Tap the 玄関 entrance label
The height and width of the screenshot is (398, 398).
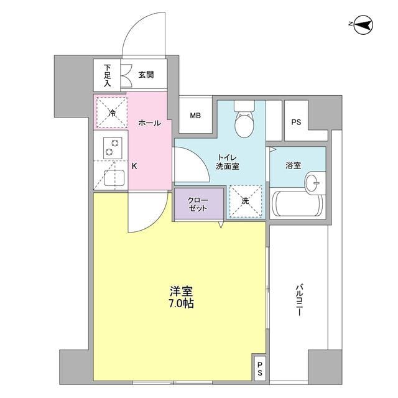146,75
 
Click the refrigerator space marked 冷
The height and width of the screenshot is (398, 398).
111,112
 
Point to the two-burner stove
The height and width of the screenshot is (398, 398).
111,147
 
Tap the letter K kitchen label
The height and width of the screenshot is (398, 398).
134,166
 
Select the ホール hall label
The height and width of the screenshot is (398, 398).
149,123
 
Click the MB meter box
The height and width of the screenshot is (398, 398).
195,116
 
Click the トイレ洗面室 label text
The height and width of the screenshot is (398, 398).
228,162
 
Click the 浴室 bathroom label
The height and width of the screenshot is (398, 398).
294,166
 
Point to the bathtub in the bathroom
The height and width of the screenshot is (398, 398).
297,205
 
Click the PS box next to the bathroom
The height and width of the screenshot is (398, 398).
295,122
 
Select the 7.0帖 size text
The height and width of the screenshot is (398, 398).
180,305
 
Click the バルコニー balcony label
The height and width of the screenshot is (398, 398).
298,301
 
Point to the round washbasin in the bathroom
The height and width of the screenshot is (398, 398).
313,183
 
